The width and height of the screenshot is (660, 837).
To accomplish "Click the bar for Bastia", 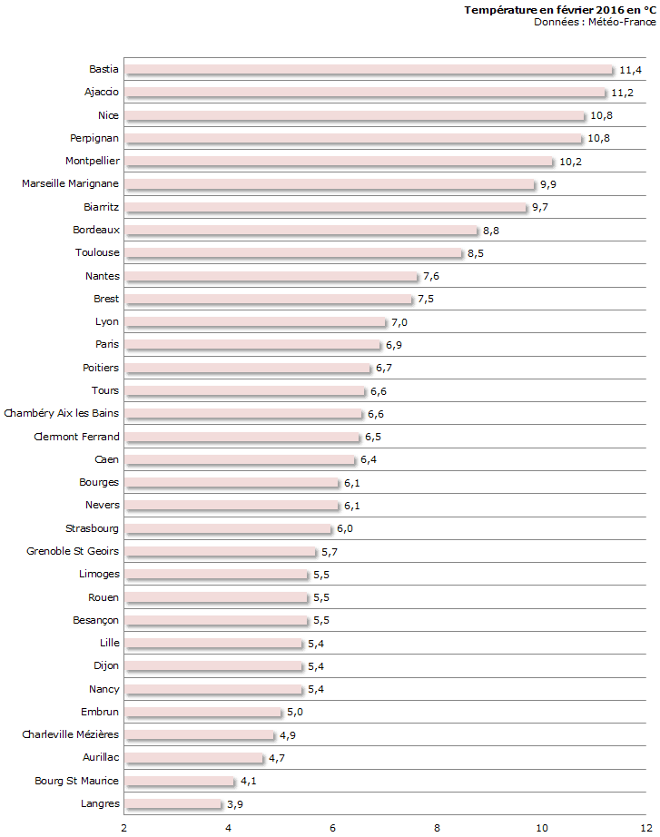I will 369,70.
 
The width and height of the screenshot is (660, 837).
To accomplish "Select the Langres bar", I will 173,804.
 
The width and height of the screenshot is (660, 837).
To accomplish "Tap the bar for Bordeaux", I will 301,231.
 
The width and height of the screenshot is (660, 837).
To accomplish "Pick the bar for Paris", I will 252,345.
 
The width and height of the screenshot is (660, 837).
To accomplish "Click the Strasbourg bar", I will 229,529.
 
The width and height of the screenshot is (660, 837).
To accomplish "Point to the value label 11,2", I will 622,93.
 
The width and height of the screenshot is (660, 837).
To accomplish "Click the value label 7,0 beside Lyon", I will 400,322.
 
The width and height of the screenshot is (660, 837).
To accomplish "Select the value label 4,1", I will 249,781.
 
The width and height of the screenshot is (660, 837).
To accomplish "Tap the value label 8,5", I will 476,253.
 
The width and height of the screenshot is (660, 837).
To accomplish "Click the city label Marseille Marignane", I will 71,184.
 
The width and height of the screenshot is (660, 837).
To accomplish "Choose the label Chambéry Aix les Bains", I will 62,414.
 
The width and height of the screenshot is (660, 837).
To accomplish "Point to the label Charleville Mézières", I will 71,734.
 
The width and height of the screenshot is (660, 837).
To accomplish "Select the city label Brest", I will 106,299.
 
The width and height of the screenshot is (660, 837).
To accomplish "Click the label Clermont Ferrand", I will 76,437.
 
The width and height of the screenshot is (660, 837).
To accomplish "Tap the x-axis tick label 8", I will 438,828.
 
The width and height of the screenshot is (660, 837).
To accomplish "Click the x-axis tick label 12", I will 645,828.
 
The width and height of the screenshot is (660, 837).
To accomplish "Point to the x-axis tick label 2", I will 124,828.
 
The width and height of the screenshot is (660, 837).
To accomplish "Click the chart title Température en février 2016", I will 559,10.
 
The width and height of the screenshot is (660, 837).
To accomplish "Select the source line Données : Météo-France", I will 595,22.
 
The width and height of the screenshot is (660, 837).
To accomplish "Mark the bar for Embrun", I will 203,713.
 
